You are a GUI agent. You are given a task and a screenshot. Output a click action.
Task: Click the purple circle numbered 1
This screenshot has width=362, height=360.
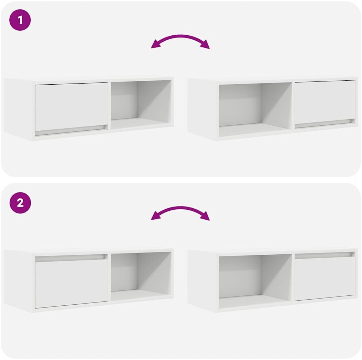(20, 20)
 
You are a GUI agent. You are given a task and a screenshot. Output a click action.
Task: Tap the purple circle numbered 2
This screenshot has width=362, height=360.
(20, 202)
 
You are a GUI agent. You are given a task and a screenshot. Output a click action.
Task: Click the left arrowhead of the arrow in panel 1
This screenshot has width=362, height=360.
(155, 45)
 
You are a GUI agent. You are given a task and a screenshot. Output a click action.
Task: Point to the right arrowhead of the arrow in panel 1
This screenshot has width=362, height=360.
(205, 45)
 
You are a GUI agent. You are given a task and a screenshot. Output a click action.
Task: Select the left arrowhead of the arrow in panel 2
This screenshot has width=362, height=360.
(155, 216)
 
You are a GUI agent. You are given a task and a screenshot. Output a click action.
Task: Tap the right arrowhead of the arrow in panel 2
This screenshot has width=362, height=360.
(205, 216)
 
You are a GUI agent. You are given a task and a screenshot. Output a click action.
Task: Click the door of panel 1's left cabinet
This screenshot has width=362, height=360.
(71, 106)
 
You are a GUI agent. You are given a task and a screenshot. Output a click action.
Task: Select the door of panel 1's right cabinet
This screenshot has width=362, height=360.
(325, 102)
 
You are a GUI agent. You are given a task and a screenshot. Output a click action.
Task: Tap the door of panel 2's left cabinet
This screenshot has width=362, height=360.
(71, 284)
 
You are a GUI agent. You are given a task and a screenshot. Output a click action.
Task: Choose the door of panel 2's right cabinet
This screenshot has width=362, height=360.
(325, 279)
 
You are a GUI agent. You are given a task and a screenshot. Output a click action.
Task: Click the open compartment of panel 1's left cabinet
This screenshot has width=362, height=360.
(141, 105)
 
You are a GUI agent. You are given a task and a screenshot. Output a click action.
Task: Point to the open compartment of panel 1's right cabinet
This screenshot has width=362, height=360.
(256, 110)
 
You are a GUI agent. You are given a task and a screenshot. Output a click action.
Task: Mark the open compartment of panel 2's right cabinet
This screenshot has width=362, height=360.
(256, 281)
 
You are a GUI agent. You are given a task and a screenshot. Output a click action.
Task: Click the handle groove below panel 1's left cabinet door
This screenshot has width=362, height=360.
(71, 130)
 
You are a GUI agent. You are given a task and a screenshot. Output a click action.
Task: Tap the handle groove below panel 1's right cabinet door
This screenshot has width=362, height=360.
(325, 124)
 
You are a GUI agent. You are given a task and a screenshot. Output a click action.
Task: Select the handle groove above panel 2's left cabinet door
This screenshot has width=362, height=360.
(71, 258)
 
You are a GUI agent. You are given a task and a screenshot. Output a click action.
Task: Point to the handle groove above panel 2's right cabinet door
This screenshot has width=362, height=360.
(325, 255)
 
